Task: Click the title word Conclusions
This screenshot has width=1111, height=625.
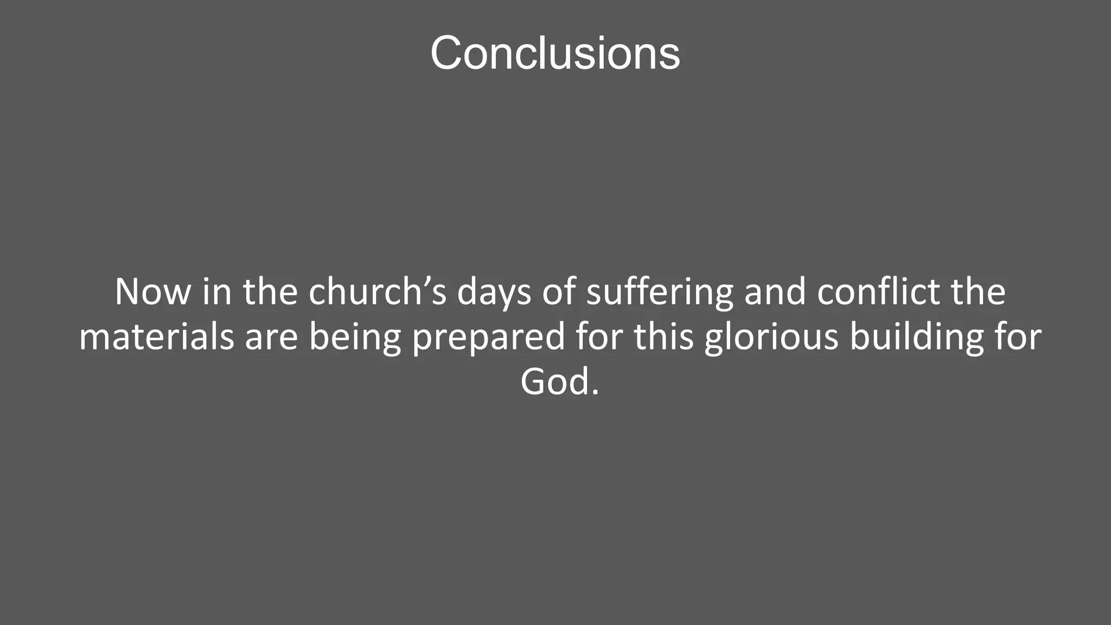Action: click(555, 53)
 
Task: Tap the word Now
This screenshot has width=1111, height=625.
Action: click(152, 292)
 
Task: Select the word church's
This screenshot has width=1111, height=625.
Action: click(378, 292)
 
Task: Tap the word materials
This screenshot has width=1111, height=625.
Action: click(156, 337)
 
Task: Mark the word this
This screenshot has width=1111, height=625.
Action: click(663, 337)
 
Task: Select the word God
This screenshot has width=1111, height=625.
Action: click(554, 382)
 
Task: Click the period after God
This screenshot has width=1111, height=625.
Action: click(596, 392)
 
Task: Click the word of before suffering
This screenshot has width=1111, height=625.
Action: click(558, 292)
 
